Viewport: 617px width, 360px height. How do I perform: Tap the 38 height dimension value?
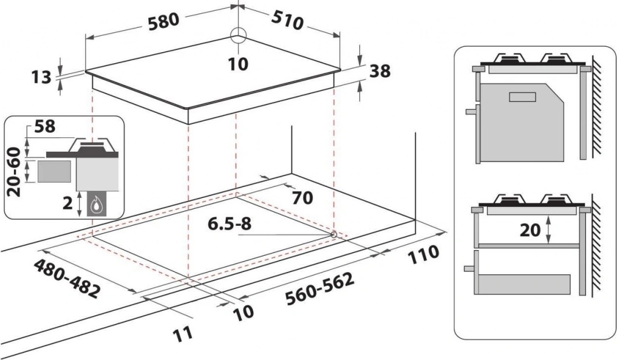pos(380,71)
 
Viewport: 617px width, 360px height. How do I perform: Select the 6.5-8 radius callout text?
pos(230,224)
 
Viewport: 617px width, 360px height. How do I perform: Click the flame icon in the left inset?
pos(96,206)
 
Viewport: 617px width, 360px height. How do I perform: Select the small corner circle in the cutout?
pos(334,234)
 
